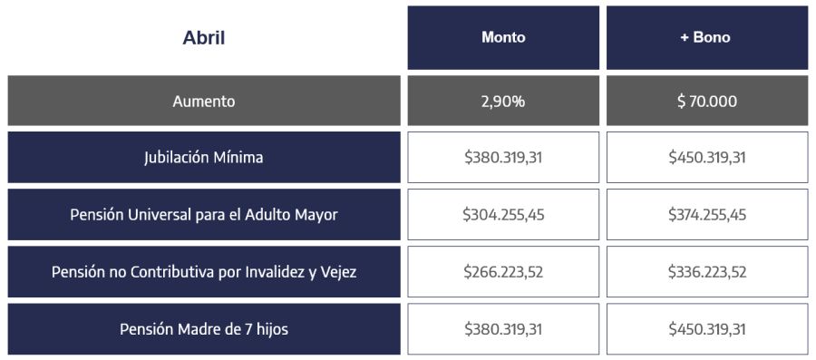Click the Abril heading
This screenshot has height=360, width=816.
[203, 38]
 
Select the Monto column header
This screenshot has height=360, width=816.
[503, 38]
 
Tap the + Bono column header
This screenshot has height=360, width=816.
[706, 38]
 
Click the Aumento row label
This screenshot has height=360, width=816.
[203, 101]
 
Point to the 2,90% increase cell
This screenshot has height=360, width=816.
[503, 101]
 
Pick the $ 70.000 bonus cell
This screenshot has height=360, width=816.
[706, 101]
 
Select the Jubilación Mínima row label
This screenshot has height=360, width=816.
[203, 158]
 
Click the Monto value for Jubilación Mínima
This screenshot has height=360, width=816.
[503, 158]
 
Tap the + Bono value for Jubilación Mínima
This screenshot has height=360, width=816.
[706, 158]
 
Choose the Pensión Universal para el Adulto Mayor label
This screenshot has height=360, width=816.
[203, 215]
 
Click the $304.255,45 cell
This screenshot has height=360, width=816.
[503, 215]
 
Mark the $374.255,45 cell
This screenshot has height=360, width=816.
[706, 215]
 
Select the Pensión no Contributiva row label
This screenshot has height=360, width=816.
[203, 272]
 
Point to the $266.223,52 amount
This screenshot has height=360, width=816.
[503, 272]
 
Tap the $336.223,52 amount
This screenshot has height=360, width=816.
[706, 272]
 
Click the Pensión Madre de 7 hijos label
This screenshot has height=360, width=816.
[203, 329]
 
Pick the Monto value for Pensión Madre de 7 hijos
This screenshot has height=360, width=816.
[503, 329]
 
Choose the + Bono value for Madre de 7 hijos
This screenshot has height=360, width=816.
[706, 329]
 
